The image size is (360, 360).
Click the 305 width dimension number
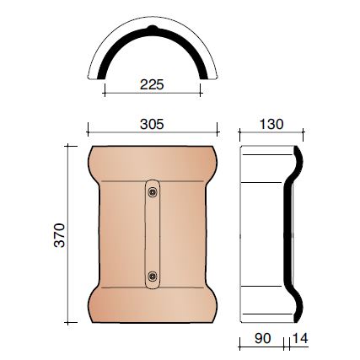(151, 123)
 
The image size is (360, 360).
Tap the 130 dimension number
(269, 123)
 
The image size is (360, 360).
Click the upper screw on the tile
(152, 194)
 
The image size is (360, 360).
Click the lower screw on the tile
(152, 276)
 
